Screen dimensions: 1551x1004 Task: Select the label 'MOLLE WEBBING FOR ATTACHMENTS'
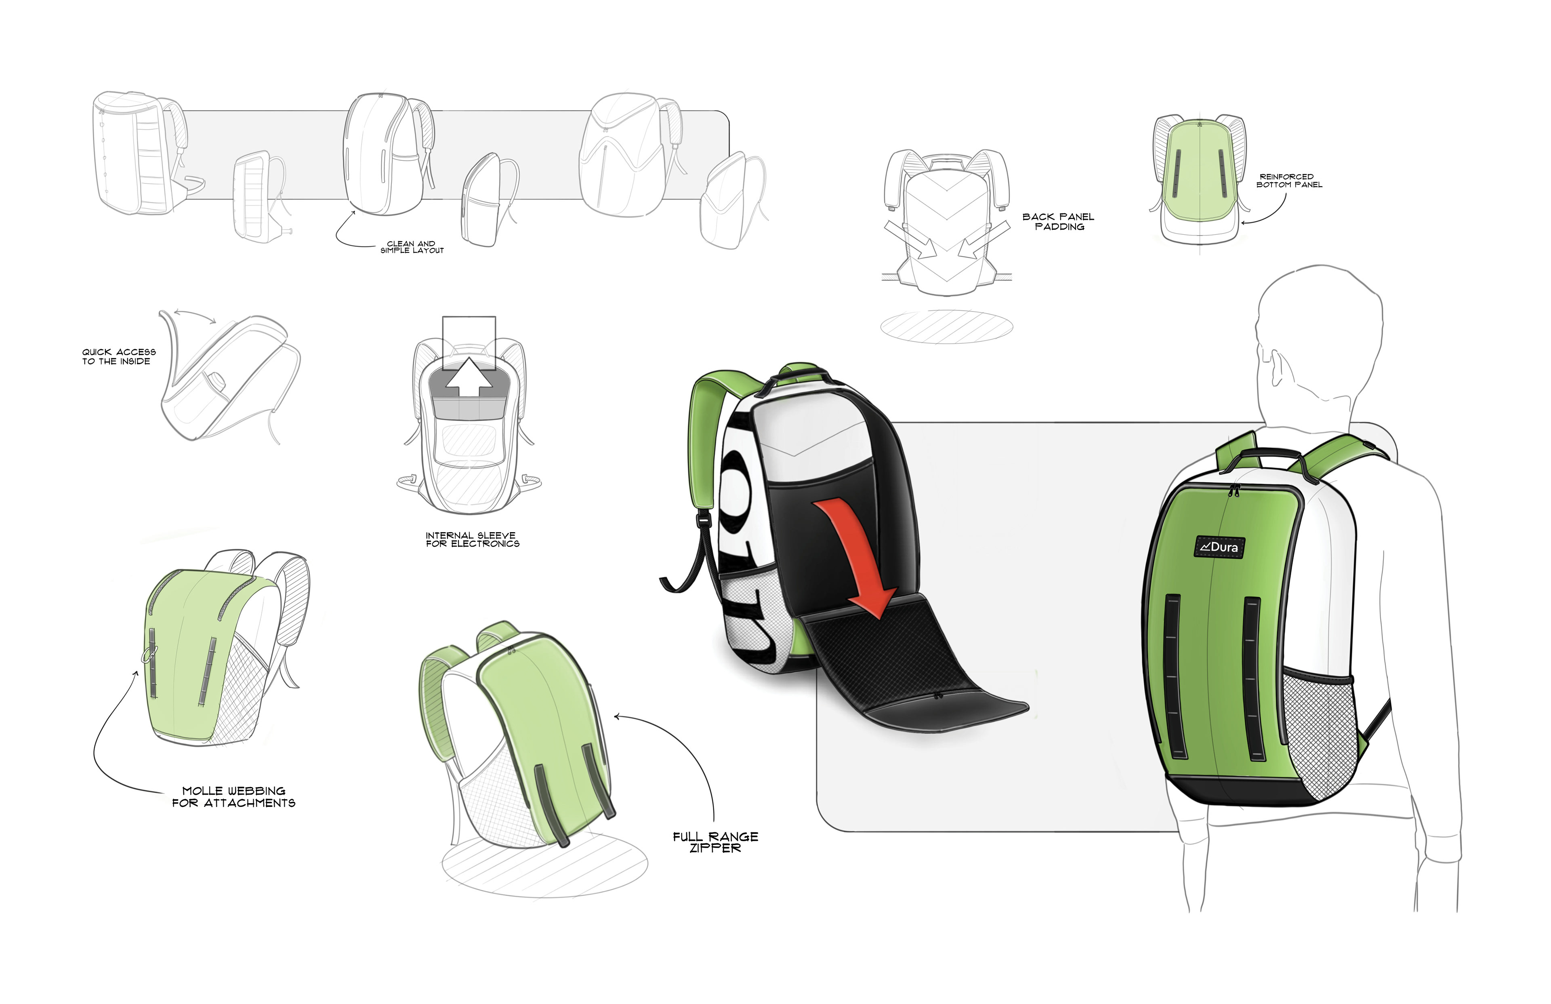point(233,797)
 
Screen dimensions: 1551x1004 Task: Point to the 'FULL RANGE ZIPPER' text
point(715,842)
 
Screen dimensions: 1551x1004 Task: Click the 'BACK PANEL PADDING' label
point(1058,222)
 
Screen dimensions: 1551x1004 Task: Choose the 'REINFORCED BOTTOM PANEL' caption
point(1289,181)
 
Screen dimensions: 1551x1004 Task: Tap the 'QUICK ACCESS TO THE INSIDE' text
point(118,357)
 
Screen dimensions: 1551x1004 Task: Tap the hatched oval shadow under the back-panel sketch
point(946,326)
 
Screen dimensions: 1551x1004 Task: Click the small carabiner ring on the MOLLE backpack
point(149,653)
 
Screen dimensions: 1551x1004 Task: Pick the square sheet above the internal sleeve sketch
point(469,334)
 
